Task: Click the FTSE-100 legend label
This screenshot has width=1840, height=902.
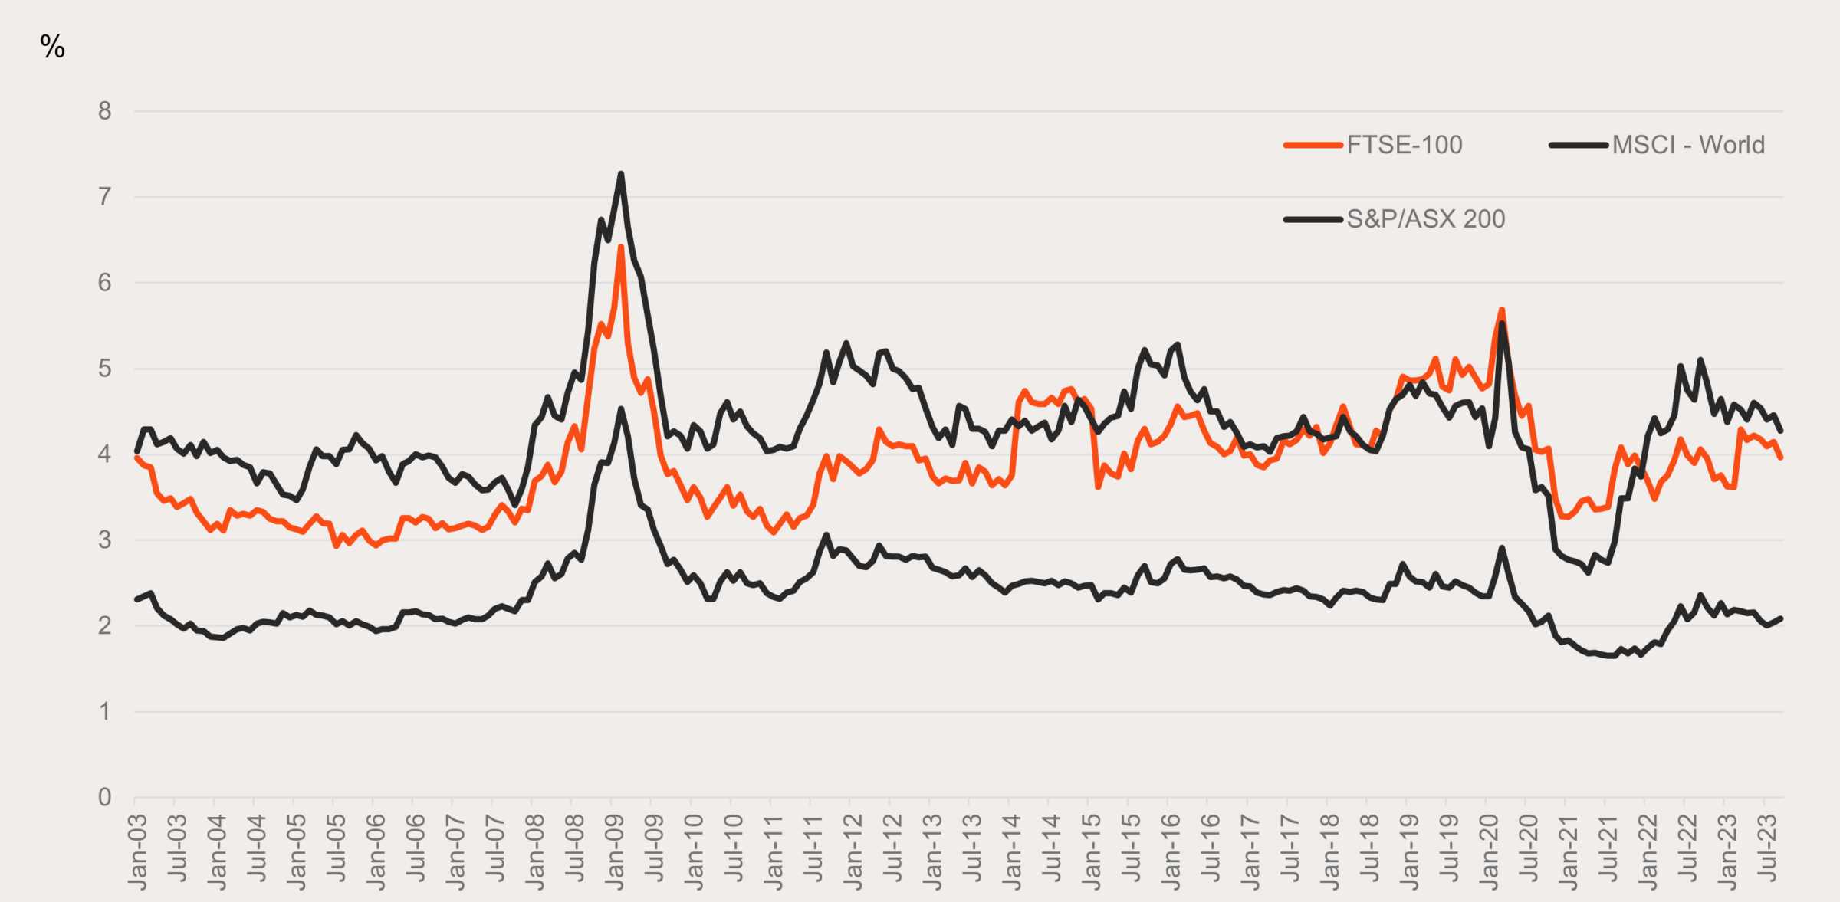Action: (1404, 145)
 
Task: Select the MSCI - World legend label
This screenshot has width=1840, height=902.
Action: (1688, 145)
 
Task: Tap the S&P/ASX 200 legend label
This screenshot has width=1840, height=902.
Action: (1425, 219)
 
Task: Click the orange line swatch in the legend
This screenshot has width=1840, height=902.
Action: (1313, 145)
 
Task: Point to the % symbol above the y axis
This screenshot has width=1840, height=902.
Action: (52, 47)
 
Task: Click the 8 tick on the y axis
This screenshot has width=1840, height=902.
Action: (105, 112)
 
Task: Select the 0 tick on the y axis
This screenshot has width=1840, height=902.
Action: (105, 798)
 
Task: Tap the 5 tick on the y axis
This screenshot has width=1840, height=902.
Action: (105, 369)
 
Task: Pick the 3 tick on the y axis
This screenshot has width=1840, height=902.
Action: (105, 540)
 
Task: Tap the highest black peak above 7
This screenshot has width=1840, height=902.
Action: (621, 174)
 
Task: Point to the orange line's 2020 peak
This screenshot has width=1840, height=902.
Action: (1502, 310)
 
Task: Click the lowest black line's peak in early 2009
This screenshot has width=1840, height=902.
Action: (621, 409)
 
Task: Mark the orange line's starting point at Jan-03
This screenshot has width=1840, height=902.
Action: (136, 458)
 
